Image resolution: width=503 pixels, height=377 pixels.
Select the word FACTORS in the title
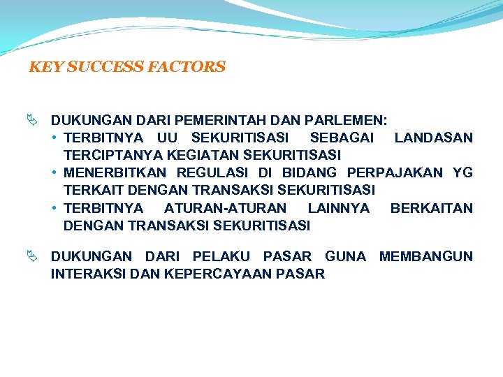tap(187, 68)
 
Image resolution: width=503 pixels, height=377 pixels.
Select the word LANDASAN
tap(433, 138)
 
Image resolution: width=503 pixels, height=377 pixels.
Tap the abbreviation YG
tap(462, 172)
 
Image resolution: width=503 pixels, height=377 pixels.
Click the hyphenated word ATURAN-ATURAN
tap(225, 208)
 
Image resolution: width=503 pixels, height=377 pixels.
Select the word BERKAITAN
tap(431, 208)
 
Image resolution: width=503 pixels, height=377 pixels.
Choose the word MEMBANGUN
tap(425, 256)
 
